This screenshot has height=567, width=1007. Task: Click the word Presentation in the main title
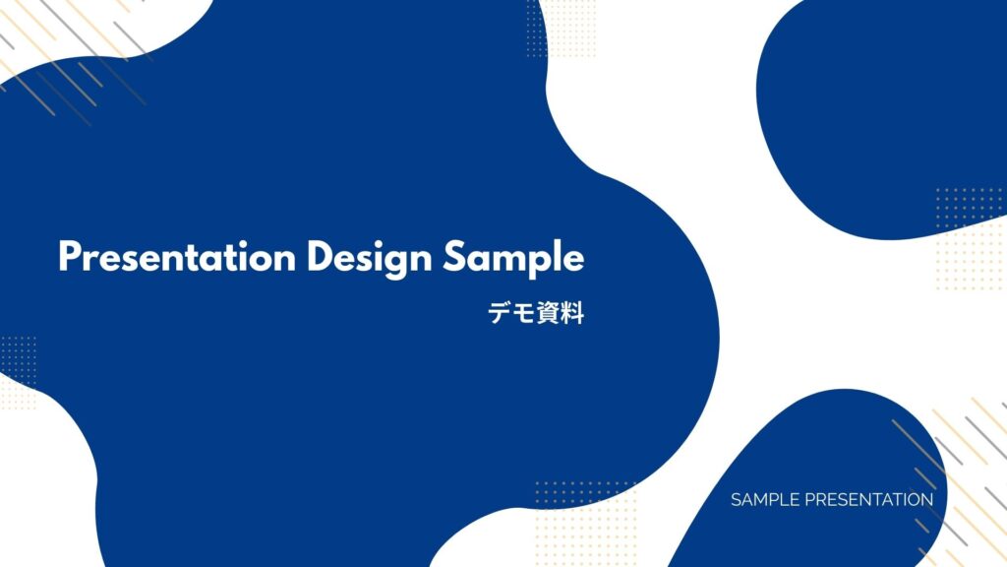pos(177,257)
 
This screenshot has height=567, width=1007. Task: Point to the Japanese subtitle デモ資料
pos(536,313)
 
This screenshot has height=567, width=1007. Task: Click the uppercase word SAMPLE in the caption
pos(765,499)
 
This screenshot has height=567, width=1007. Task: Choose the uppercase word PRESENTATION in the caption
pos(869,499)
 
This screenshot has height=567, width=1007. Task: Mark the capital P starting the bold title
pos(70,257)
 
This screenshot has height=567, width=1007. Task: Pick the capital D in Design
pos(321,257)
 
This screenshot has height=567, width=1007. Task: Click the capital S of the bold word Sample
pos(453,257)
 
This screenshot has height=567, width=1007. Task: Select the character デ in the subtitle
pos(500,313)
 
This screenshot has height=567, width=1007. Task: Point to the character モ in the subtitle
pos(524,314)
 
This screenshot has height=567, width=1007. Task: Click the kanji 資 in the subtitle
pos(549,313)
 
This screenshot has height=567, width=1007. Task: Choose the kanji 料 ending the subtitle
pos(573,313)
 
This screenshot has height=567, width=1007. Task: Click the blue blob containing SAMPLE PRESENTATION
pos(815,488)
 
